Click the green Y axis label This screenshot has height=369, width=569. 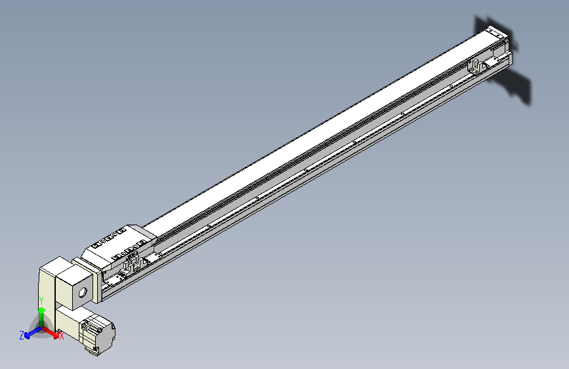pos(41,301)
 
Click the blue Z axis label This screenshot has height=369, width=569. pos(22,336)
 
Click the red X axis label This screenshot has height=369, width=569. pos(61,336)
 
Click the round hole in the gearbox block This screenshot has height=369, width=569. pos(83,292)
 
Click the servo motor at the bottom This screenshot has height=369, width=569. pos(98,334)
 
